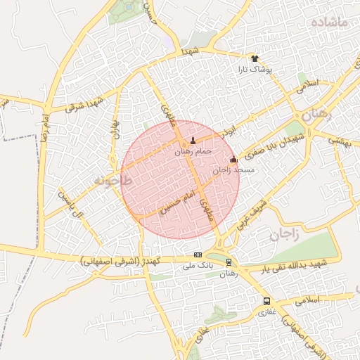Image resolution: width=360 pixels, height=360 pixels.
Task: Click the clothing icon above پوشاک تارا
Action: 255,59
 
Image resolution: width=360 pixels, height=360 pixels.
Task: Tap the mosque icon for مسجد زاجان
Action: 234,160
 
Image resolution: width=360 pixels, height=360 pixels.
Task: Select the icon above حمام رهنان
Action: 193,141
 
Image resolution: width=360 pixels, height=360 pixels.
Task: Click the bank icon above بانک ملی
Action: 198,255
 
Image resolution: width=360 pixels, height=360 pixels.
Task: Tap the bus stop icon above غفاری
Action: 266,300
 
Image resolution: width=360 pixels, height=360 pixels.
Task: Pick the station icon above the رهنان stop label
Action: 229,263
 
